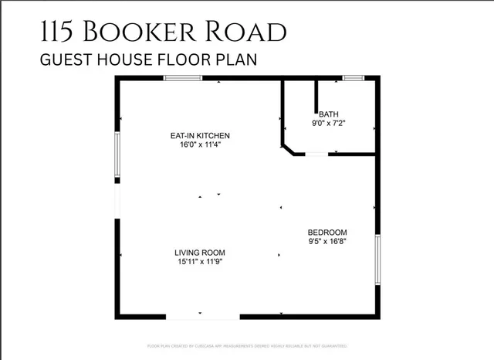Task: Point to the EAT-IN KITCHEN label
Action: pyautogui.click(x=200, y=136)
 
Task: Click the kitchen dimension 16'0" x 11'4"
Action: pyautogui.click(x=200, y=144)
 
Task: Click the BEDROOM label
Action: pyautogui.click(x=327, y=233)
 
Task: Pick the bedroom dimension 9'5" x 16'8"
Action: pyautogui.click(x=327, y=241)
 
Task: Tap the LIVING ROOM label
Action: pyautogui.click(x=199, y=253)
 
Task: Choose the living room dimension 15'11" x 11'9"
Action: pyautogui.click(x=199, y=261)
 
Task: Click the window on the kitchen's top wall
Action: pyautogui.click(x=183, y=78)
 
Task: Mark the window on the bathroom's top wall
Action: pyautogui.click(x=354, y=78)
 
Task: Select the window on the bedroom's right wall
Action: pyautogui.click(x=377, y=260)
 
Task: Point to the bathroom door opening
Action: pyautogui.click(x=316, y=155)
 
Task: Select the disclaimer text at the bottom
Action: pyautogui.click(x=247, y=345)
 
